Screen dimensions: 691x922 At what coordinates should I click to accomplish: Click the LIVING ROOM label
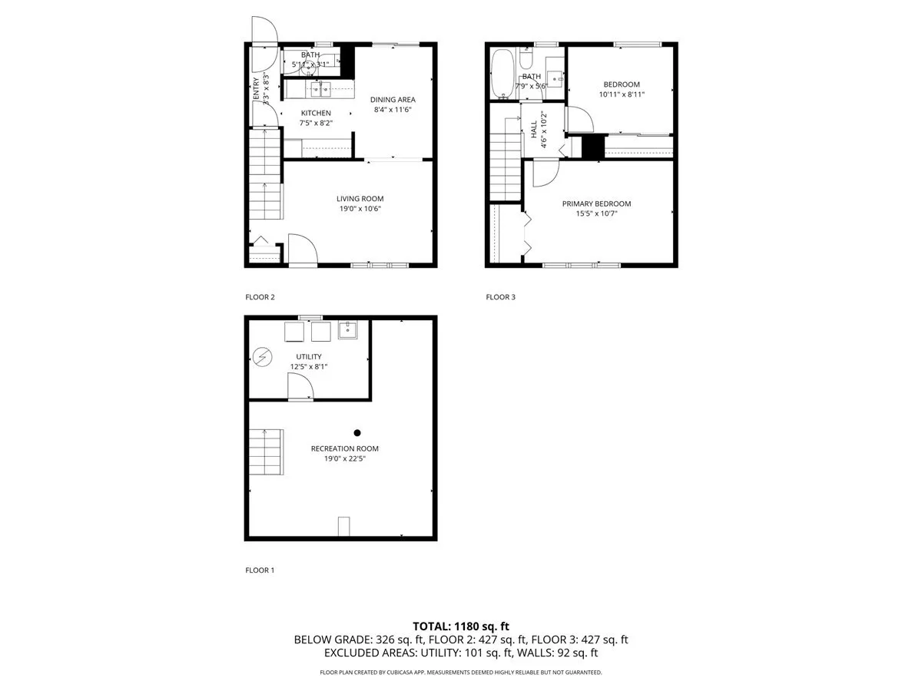pyautogui.click(x=360, y=199)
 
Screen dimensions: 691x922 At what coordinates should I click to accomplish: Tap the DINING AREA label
pyautogui.click(x=393, y=100)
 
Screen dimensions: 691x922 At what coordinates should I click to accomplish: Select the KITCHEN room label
pyautogui.click(x=315, y=114)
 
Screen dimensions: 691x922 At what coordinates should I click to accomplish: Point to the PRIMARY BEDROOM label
pyautogui.click(x=596, y=203)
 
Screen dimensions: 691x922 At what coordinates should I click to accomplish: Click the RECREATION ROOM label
pyautogui.click(x=344, y=448)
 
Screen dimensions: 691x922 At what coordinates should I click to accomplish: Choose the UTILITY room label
pyautogui.click(x=309, y=356)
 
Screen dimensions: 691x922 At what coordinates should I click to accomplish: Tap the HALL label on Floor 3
pyautogui.click(x=534, y=130)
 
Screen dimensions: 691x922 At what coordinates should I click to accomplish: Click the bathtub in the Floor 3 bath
pyautogui.click(x=503, y=74)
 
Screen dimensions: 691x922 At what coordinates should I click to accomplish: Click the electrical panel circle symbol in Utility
pyautogui.click(x=262, y=356)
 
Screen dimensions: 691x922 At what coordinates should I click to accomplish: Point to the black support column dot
pyautogui.click(x=357, y=432)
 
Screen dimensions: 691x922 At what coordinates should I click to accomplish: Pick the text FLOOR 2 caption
pyautogui.click(x=260, y=297)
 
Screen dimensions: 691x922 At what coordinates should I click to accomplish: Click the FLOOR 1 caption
pyautogui.click(x=260, y=570)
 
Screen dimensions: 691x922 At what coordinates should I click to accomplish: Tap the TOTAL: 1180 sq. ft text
pyautogui.click(x=460, y=625)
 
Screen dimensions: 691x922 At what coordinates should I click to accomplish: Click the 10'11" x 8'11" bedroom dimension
pyautogui.click(x=621, y=94)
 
